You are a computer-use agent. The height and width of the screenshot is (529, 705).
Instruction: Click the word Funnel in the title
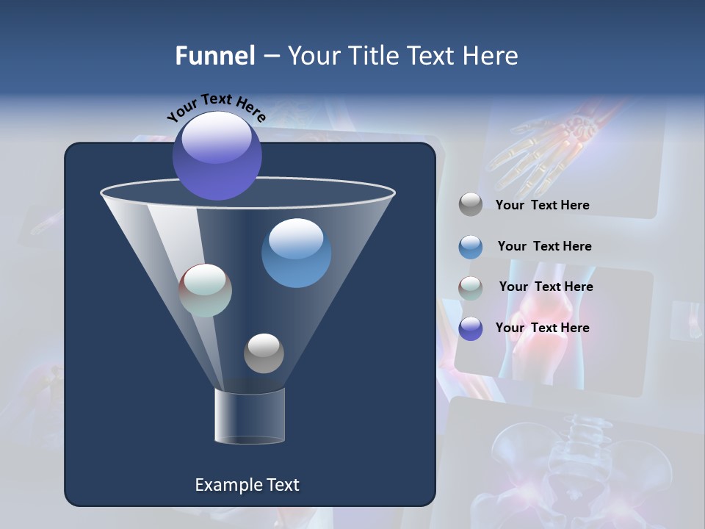[214, 56]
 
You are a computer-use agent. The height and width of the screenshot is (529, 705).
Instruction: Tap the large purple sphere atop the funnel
[217, 155]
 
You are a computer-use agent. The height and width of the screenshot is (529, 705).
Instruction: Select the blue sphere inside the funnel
[296, 253]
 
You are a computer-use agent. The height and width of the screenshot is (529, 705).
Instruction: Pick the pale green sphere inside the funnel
[206, 290]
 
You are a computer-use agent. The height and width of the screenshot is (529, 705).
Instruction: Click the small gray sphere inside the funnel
[264, 353]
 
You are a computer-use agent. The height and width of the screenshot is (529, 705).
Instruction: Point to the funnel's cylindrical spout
[250, 416]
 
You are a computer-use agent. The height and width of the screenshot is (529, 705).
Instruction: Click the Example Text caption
[247, 485]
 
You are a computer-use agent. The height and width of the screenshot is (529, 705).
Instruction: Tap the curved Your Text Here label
[216, 107]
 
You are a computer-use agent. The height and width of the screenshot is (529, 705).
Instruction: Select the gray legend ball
[471, 205]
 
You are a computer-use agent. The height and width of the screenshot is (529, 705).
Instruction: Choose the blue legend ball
[471, 247]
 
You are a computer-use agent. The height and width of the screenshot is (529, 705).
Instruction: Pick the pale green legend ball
[471, 288]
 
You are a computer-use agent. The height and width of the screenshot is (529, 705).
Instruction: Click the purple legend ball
[471, 328]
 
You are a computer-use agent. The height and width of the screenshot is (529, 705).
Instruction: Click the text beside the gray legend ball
[542, 206]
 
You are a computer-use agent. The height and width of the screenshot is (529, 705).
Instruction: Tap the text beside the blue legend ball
[544, 247]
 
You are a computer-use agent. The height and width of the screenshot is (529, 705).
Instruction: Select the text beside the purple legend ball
[542, 328]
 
